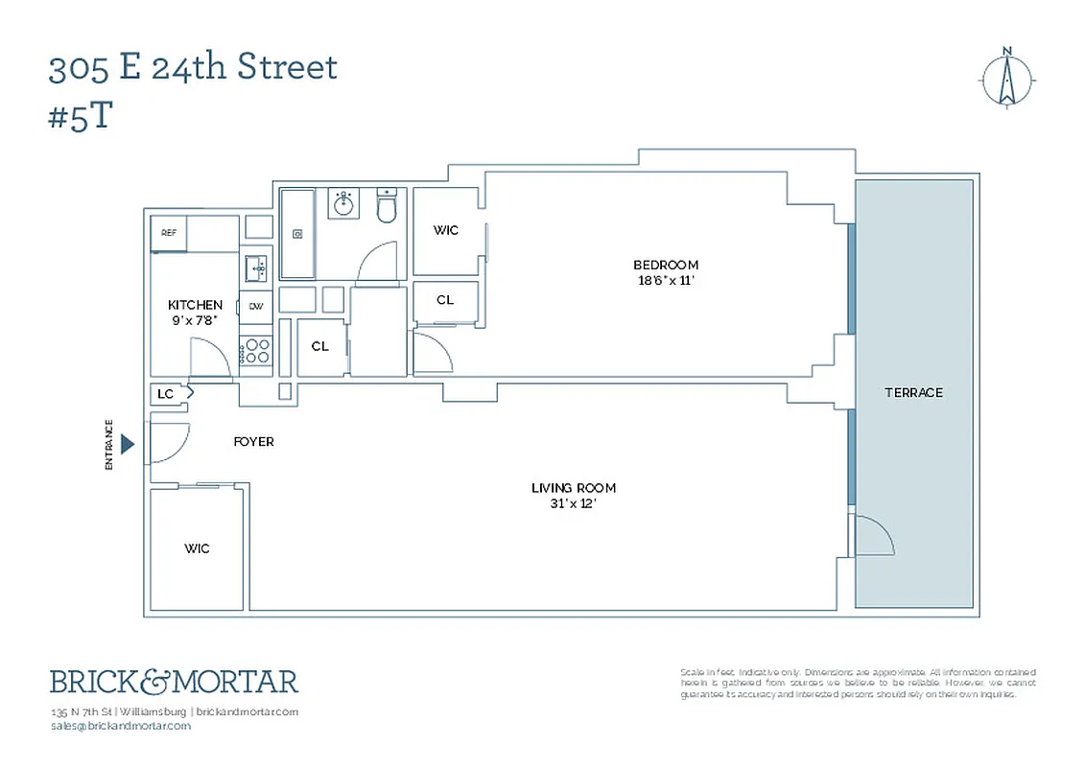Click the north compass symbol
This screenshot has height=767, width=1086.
(x=1006, y=79)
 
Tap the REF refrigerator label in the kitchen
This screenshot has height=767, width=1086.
(x=169, y=233)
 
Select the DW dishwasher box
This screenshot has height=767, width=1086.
(x=256, y=307)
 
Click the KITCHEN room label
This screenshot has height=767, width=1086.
(x=195, y=305)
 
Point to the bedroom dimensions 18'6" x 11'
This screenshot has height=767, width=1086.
(x=666, y=281)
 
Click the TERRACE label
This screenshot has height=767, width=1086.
(x=913, y=392)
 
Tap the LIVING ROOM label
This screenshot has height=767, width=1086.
(x=574, y=488)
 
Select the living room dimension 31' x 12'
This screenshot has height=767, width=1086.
(x=574, y=503)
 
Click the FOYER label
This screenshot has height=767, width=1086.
(x=253, y=442)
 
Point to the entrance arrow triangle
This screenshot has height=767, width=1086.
(x=129, y=444)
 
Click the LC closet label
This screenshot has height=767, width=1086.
(x=165, y=394)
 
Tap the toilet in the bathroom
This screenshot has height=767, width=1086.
(x=387, y=207)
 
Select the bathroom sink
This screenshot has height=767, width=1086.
(x=343, y=203)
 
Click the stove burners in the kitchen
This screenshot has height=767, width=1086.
(x=256, y=350)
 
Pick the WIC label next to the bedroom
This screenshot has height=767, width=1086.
(x=445, y=230)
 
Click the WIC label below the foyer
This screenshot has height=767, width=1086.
(x=197, y=548)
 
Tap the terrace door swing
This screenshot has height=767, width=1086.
(x=872, y=536)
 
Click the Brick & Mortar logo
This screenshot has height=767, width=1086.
(x=175, y=682)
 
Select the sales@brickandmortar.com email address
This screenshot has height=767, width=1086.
(x=120, y=726)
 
